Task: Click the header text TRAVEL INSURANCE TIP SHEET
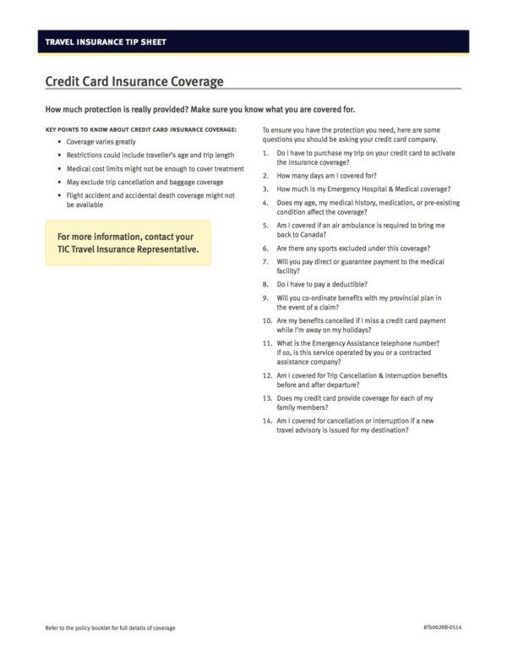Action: (106, 41)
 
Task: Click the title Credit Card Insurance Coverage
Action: (134, 82)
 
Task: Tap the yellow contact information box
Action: (128, 243)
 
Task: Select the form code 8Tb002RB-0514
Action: (443, 628)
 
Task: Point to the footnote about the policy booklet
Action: (110, 628)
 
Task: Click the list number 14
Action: (267, 420)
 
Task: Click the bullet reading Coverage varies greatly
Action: (101, 142)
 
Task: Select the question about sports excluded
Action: (353, 249)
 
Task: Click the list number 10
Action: (267, 320)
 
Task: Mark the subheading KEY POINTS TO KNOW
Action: (141, 129)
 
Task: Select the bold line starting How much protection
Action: (200, 110)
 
